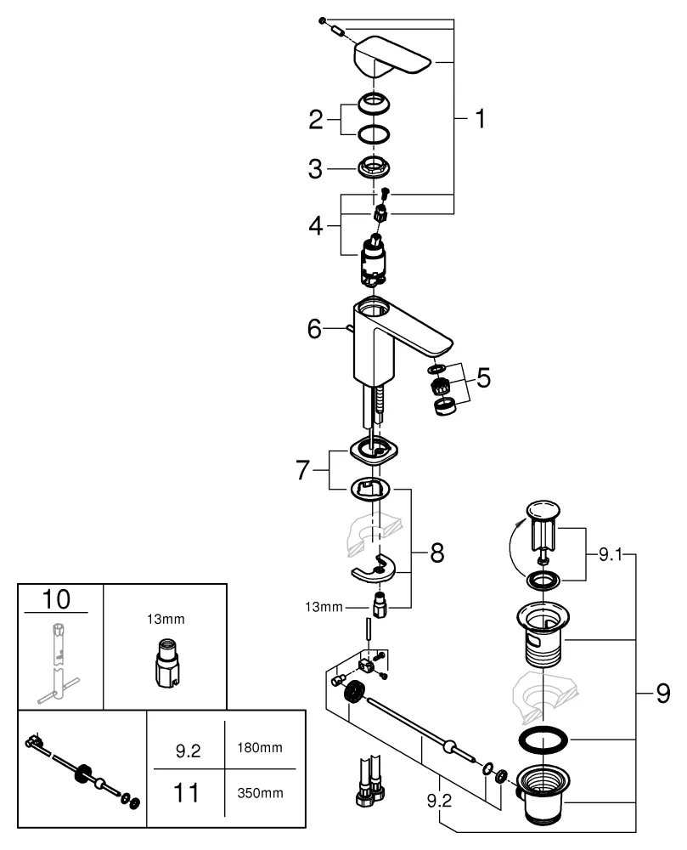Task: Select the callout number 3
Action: (x=316, y=168)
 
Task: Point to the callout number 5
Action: (x=482, y=377)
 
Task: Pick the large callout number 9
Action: (x=662, y=695)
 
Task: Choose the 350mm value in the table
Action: (x=260, y=794)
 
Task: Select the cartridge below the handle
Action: (x=374, y=259)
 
